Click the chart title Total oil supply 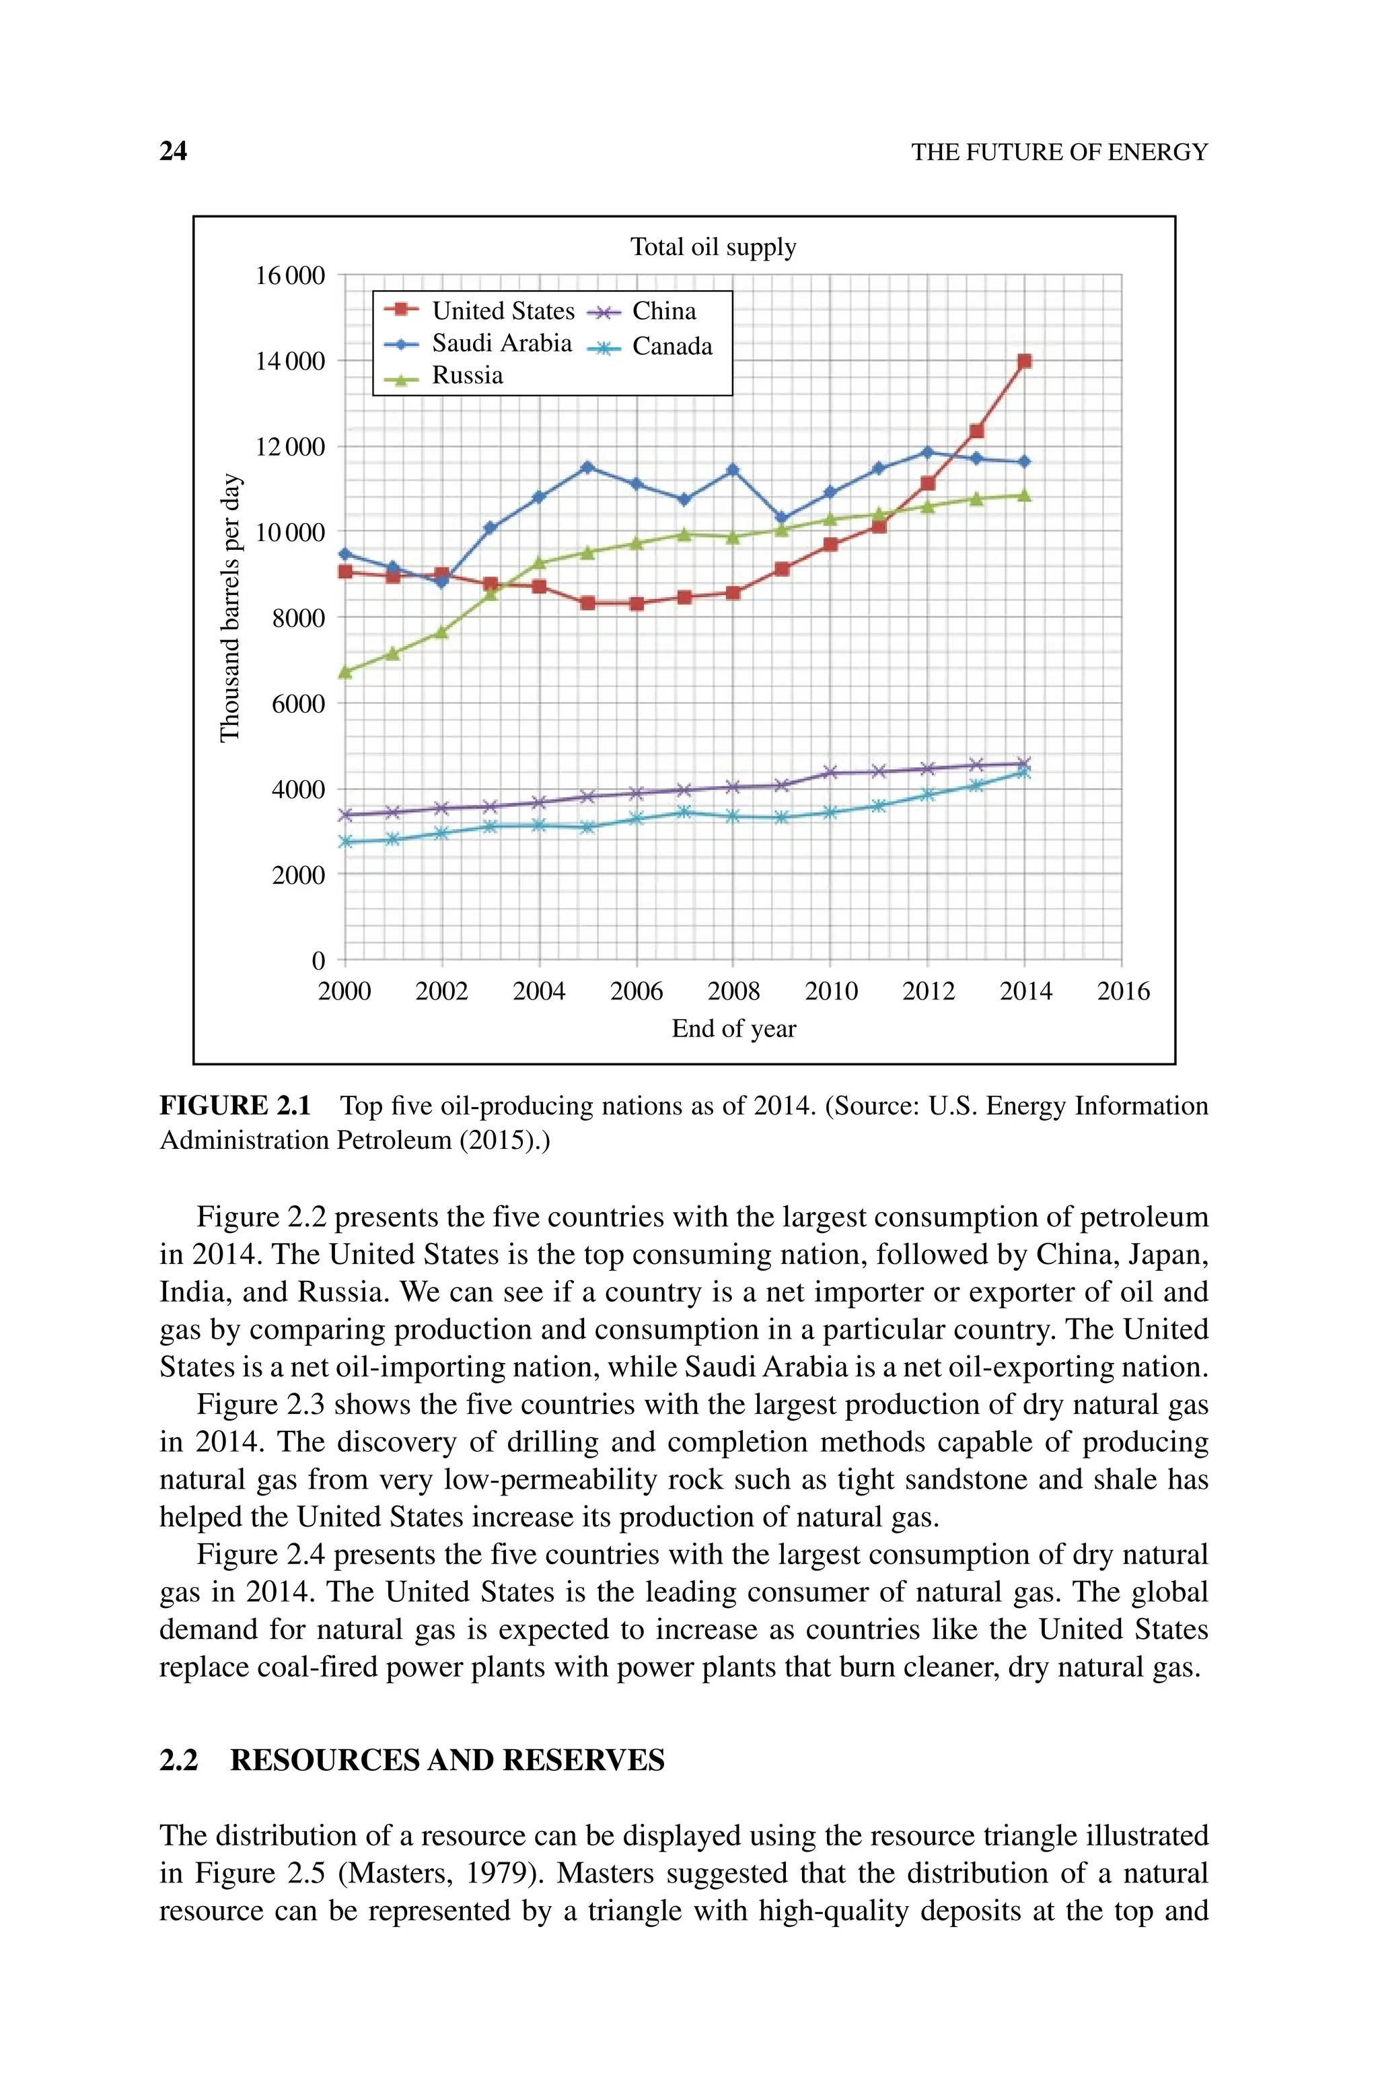[713, 247]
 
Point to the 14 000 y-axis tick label [289, 361]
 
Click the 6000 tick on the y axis [298, 704]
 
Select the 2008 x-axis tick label [733, 991]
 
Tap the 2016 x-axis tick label [1122, 991]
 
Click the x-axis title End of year [733, 1029]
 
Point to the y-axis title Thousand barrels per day [229, 608]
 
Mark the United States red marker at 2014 [1024, 361]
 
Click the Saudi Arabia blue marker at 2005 [587, 466]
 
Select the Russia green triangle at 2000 [345, 672]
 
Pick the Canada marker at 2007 [684, 812]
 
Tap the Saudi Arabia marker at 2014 [1024, 462]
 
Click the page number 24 [173, 151]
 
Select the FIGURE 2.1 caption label [235, 1106]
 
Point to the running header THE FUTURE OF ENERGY [1059, 153]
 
